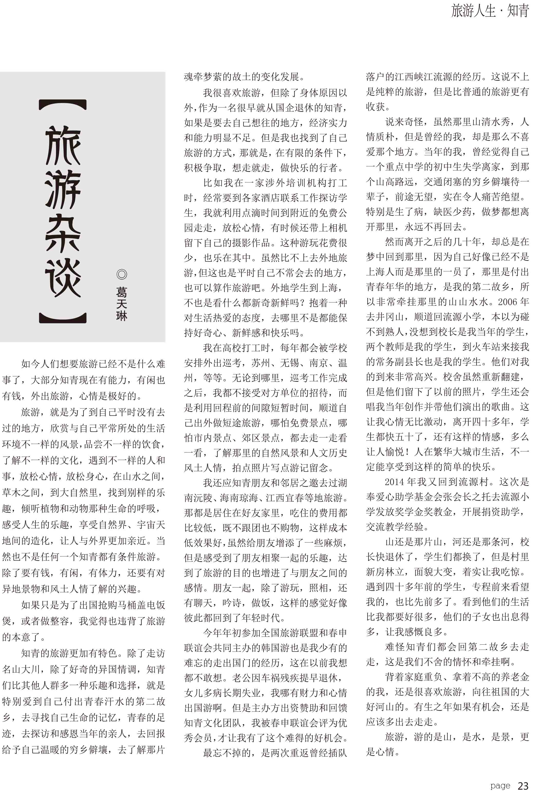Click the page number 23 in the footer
[523, 786]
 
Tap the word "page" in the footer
[500, 786]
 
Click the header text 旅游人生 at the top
[473, 11]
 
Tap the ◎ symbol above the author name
[121, 274]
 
